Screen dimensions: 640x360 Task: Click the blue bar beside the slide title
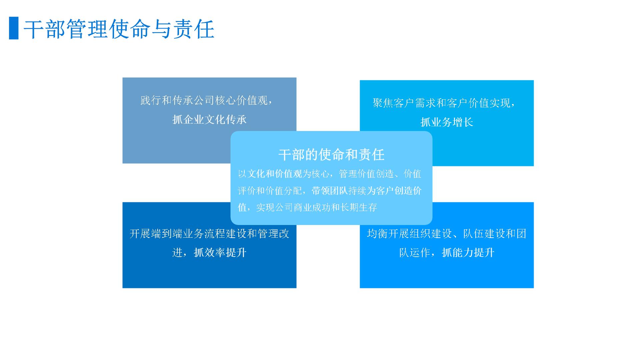pyautogui.click(x=14, y=28)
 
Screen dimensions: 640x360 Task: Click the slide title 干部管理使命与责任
pyautogui.click(x=119, y=29)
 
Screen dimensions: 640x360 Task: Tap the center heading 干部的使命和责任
pyautogui.click(x=331, y=155)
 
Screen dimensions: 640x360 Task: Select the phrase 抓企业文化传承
pyautogui.click(x=209, y=119)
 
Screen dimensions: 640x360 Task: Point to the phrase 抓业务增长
pyautogui.click(x=447, y=122)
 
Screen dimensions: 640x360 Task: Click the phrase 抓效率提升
pyautogui.click(x=220, y=252)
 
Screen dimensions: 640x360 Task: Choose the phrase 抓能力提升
pyautogui.click(x=468, y=252)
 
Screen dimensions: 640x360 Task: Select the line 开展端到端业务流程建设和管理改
pyautogui.click(x=209, y=233)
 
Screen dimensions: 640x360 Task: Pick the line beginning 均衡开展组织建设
pyautogui.click(x=447, y=233)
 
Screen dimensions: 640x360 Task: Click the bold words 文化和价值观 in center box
pyautogui.click(x=275, y=174)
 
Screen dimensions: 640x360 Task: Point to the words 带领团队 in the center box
pyautogui.click(x=330, y=191)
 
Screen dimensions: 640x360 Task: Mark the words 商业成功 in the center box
pyautogui.click(x=312, y=207)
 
